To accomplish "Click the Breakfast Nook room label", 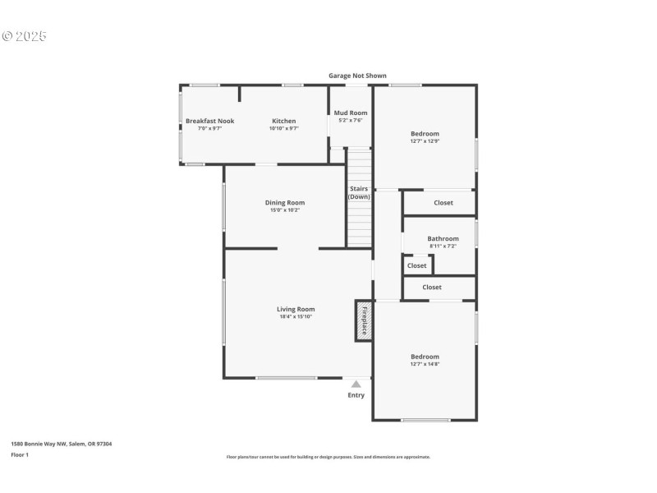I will [x=209, y=121].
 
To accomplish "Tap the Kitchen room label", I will [x=283, y=121].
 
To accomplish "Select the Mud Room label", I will [x=351, y=113].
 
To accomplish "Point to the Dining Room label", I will [x=284, y=202].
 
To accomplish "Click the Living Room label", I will [x=296, y=309].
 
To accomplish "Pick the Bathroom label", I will [x=443, y=238].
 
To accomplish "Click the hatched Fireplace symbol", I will [x=363, y=320].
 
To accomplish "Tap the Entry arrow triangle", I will [x=356, y=384].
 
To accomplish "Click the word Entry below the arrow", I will [x=356, y=395].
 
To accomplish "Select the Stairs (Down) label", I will [x=358, y=192].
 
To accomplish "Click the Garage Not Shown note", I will [x=357, y=76].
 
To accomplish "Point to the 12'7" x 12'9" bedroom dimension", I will [x=425, y=141].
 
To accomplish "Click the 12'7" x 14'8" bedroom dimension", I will [x=425, y=364].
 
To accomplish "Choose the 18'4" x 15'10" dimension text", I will [x=296, y=316].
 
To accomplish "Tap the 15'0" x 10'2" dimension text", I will [x=284, y=210].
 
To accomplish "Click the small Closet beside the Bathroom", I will [x=417, y=265].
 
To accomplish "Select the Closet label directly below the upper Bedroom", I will [x=443, y=202].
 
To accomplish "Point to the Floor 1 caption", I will [x=20, y=454].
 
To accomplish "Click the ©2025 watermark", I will [x=25, y=36].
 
